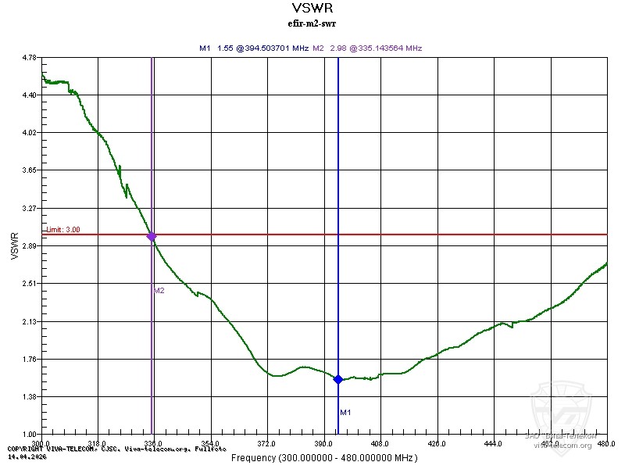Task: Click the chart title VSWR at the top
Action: (x=312, y=9)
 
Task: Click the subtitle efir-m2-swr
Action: (x=312, y=23)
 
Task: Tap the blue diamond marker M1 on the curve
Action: (x=338, y=379)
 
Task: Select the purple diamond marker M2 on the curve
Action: (x=152, y=236)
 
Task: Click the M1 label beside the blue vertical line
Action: (x=345, y=412)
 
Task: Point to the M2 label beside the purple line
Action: (x=159, y=290)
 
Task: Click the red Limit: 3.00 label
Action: (x=62, y=230)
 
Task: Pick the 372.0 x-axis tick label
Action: (x=268, y=443)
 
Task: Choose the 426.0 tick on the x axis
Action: (x=437, y=443)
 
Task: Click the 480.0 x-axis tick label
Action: (x=605, y=443)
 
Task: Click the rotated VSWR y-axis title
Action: (x=13, y=245)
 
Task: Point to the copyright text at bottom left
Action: (x=117, y=449)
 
